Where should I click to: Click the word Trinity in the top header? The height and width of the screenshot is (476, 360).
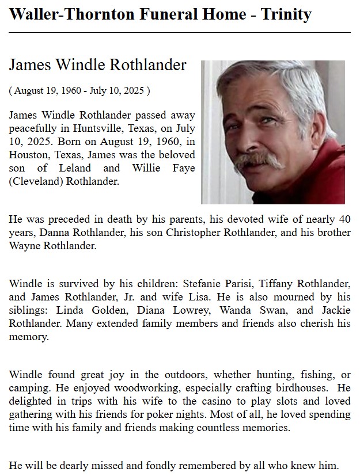pos(286,14)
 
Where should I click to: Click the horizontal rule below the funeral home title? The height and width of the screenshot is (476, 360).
pos(180,33)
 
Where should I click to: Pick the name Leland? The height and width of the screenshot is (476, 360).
pos(74,168)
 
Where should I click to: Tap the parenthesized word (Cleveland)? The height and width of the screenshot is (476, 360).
pos(36,181)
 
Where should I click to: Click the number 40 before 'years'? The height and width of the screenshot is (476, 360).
pos(344,220)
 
